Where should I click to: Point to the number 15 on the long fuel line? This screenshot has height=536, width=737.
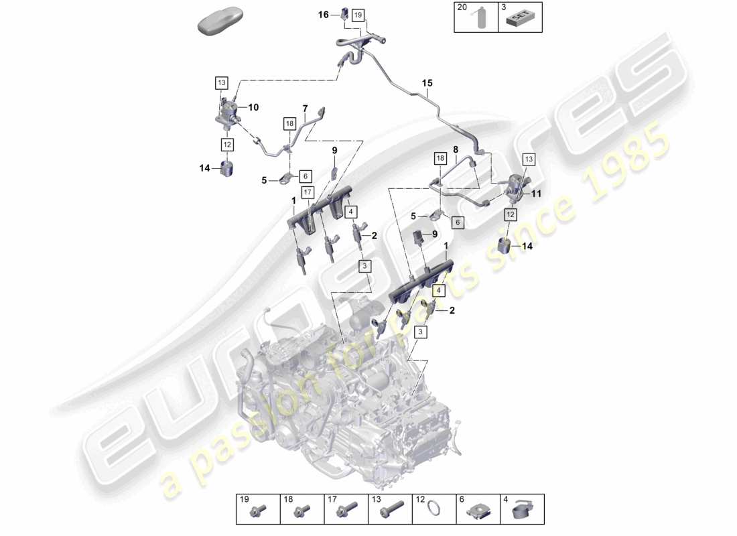(427, 83)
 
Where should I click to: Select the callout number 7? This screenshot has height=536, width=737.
(305, 108)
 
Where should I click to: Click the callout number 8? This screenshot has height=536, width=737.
(455, 150)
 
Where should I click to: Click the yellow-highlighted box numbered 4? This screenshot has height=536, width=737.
(438, 291)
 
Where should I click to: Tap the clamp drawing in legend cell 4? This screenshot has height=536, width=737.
(521, 513)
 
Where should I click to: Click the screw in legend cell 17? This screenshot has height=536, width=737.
(346, 513)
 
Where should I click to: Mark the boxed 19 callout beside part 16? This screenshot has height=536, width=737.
(357, 14)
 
